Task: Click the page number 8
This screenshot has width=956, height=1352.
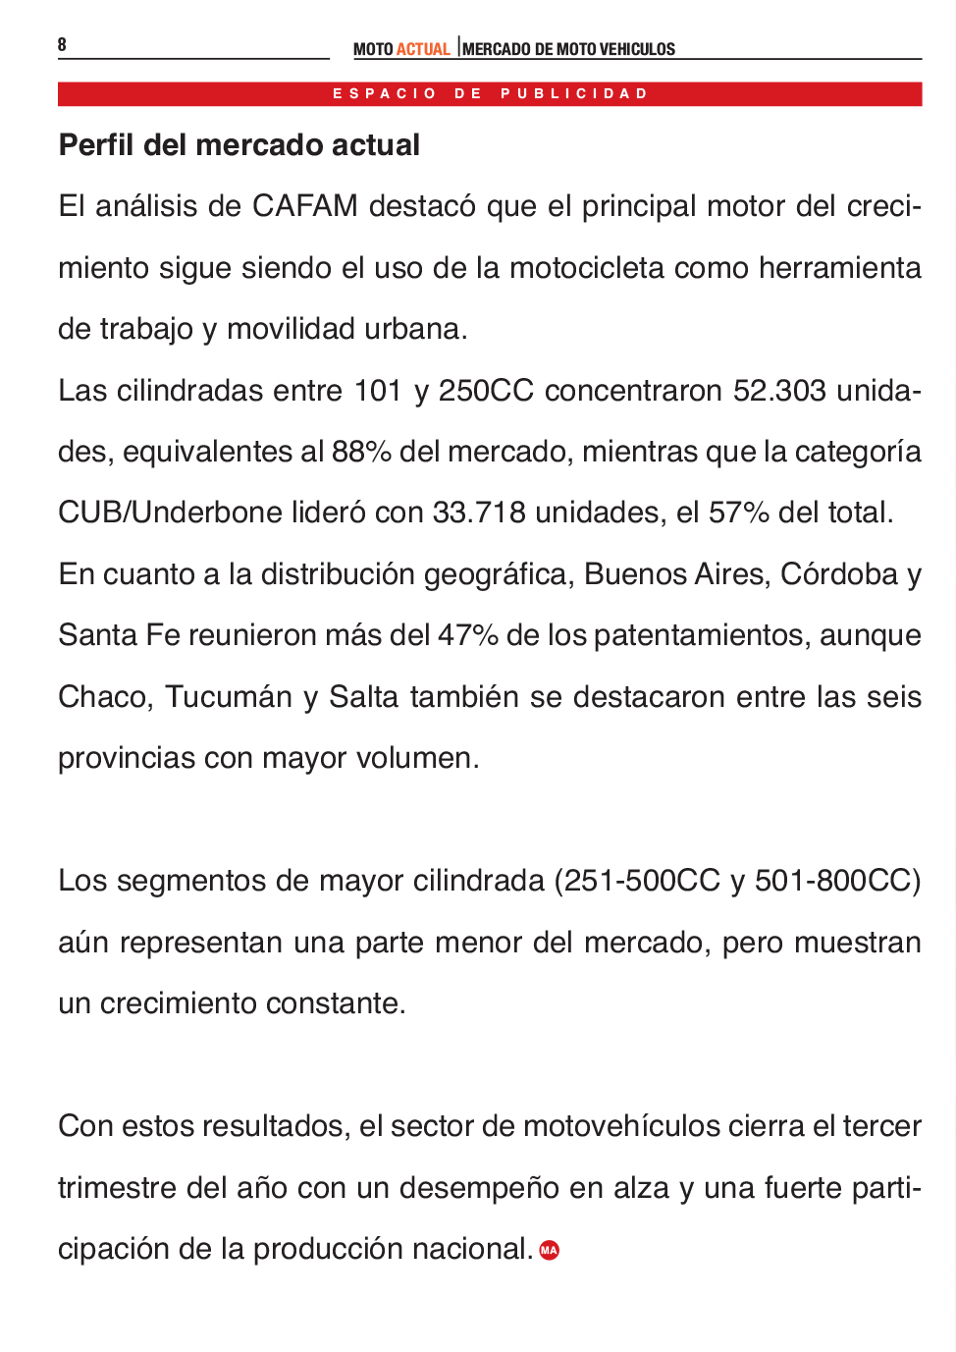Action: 62,44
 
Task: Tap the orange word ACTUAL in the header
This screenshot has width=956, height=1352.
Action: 423,49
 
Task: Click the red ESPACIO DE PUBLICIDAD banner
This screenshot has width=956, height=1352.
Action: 490,93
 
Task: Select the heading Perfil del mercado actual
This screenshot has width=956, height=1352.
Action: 239,145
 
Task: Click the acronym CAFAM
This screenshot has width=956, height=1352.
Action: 304,206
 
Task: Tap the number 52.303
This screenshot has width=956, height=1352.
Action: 779,391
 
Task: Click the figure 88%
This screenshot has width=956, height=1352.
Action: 361,452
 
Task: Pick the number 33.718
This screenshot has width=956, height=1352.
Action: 479,513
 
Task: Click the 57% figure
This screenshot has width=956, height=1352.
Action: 738,513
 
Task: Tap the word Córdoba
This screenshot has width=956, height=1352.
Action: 838,574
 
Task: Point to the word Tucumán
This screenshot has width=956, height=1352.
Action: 228,697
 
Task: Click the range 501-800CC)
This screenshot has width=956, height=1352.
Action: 837,881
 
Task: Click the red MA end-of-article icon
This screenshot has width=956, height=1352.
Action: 550,1250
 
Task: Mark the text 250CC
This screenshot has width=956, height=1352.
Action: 486,391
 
